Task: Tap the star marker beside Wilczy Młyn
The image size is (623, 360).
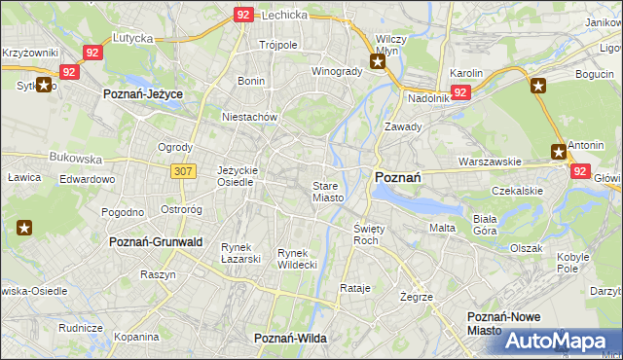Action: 379,62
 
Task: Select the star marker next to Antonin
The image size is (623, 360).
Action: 558,151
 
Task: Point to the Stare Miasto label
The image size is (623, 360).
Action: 327,191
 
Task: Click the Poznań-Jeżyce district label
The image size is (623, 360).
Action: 144,93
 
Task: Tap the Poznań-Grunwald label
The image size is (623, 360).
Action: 156,241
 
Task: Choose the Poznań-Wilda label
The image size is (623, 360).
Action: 290,338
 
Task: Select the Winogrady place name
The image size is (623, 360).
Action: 337,71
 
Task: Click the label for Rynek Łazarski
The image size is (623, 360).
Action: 240,252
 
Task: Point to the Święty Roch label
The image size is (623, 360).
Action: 366,234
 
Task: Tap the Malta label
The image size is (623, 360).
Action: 442,227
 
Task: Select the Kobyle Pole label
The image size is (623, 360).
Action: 573,262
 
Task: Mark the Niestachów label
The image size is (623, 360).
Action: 250,117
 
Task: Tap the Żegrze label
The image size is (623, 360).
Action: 416,296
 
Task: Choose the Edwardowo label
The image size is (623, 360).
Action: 87,180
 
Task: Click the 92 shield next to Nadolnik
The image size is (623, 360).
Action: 461,92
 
